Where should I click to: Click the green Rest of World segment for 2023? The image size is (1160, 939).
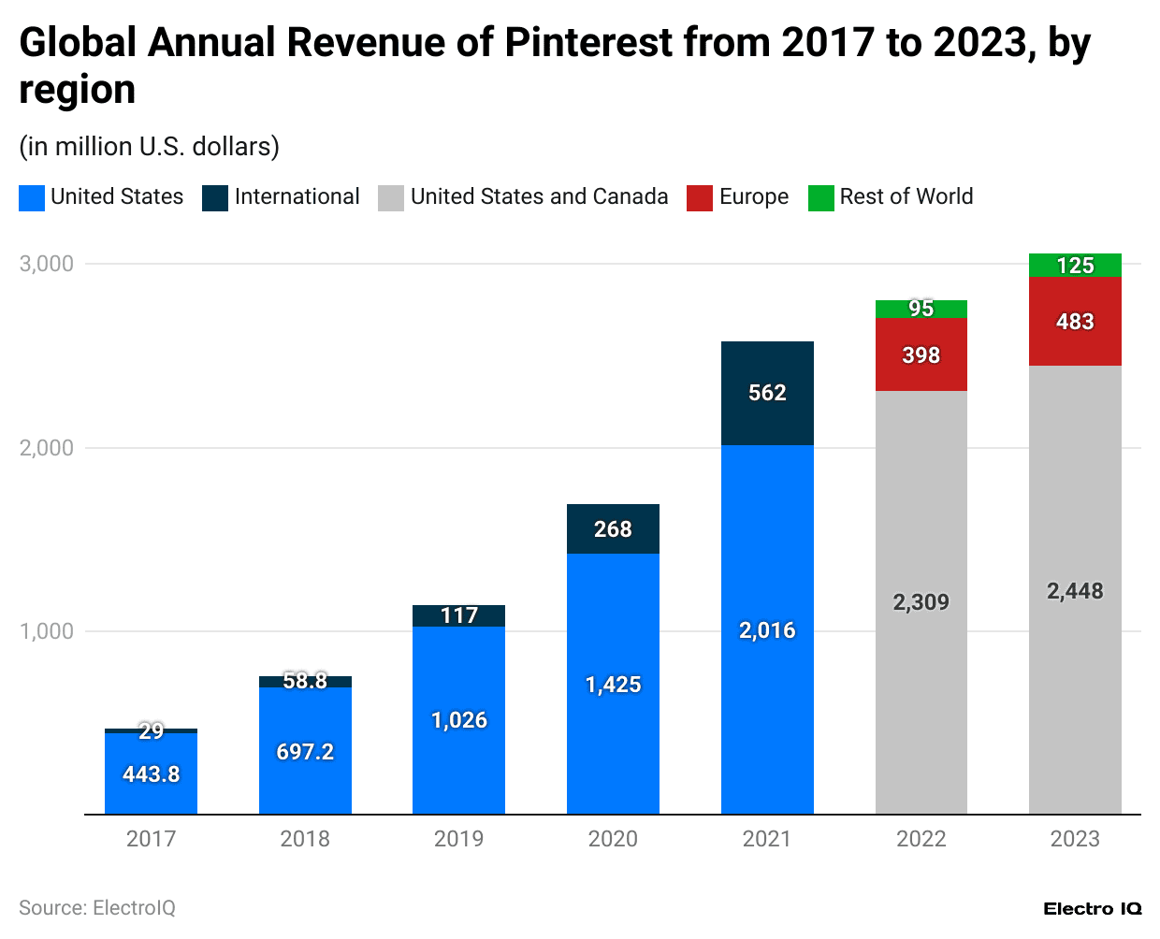click(1075, 266)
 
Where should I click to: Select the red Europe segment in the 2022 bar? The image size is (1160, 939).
click(921, 355)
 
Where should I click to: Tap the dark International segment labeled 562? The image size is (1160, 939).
click(767, 393)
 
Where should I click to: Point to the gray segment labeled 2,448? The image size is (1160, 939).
click(1075, 591)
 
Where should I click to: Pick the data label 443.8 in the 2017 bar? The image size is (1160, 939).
click(151, 774)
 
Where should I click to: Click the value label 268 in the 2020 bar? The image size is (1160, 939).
click(613, 529)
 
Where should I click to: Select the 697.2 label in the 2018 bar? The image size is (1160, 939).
click(305, 752)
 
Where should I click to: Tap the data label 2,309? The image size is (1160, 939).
click(921, 602)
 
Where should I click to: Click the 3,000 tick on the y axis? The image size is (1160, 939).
click(47, 264)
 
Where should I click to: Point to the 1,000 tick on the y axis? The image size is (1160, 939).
click(47, 631)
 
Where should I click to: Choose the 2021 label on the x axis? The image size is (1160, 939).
click(767, 839)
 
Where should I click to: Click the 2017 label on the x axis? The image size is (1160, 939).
click(151, 839)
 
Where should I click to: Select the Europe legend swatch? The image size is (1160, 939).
click(700, 197)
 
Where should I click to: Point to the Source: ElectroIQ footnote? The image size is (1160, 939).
click(97, 908)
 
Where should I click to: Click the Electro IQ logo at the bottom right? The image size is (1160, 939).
click(1092, 909)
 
